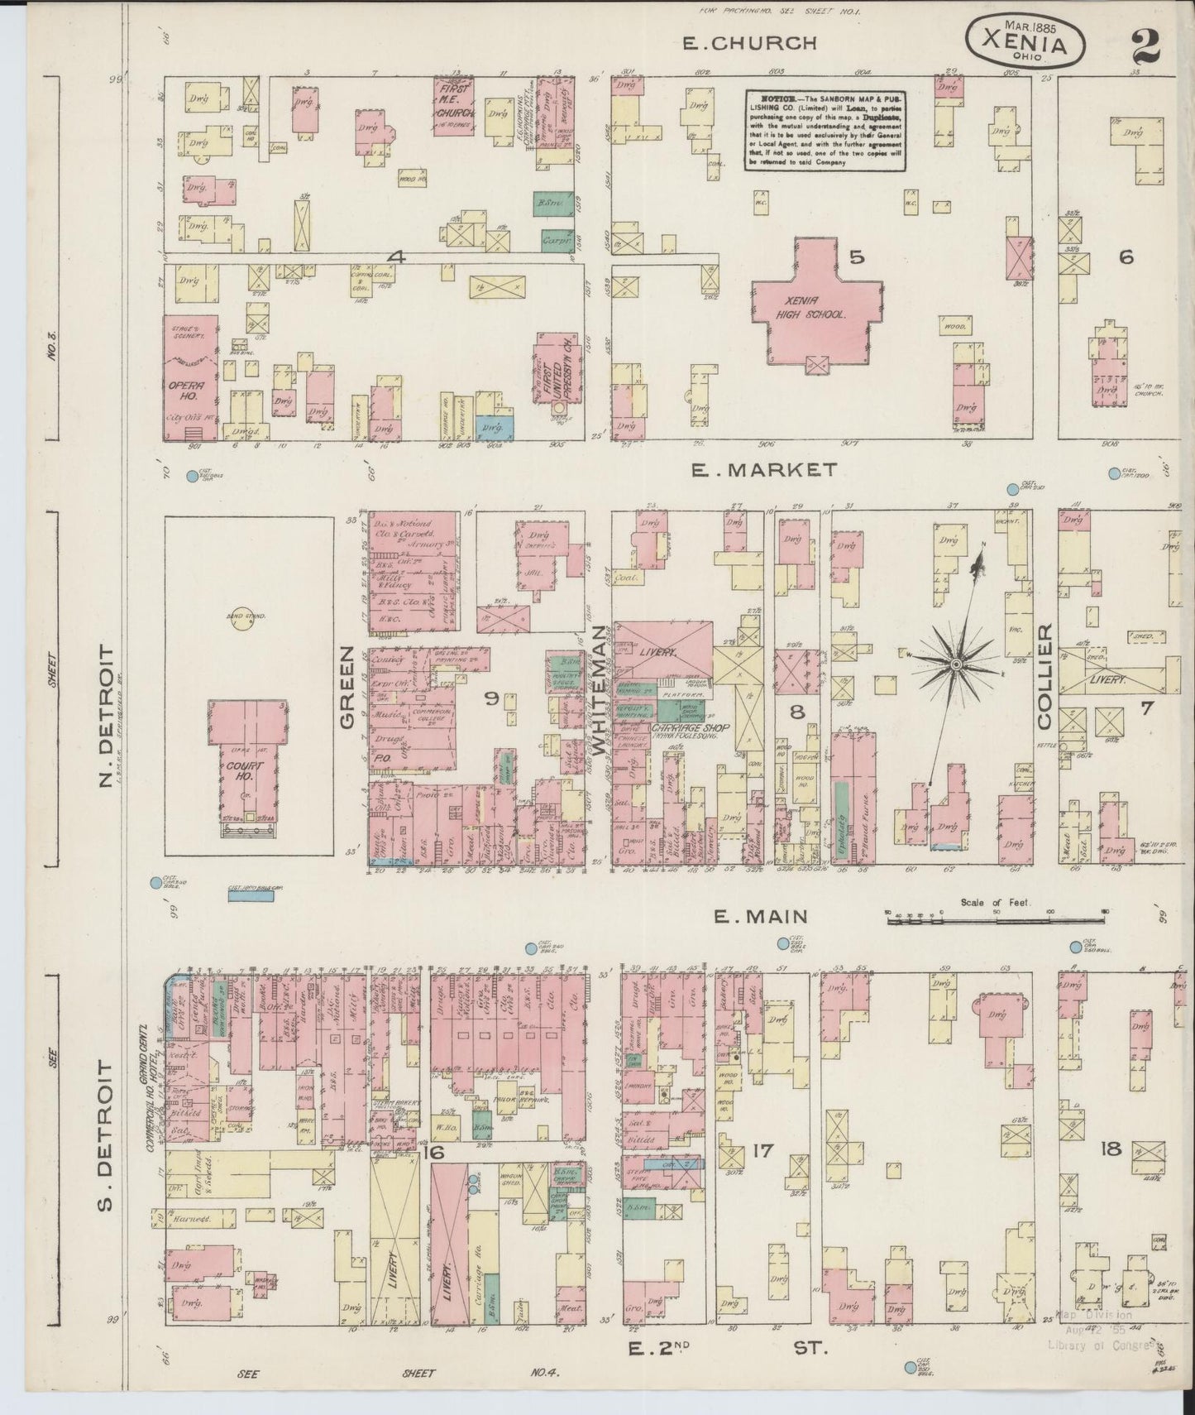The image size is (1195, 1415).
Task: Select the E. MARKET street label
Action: [762, 470]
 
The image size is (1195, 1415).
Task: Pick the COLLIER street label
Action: [1044, 677]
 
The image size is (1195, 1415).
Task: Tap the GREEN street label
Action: [346, 687]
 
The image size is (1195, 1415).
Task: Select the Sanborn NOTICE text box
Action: [825, 131]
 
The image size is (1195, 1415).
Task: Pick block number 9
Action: [491, 699]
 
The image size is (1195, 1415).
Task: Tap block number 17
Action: [762, 1149]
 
